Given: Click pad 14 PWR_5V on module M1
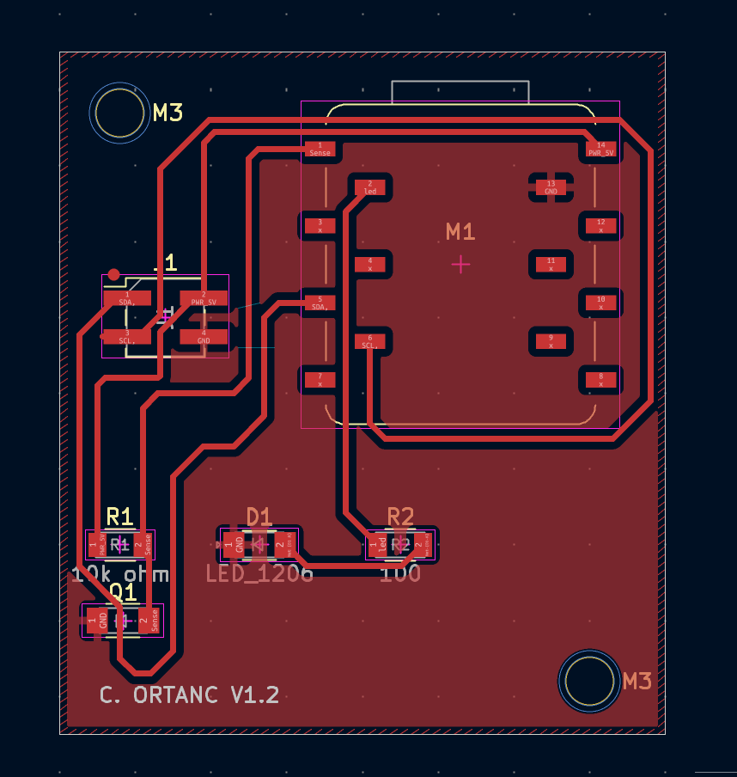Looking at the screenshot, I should (x=601, y=149).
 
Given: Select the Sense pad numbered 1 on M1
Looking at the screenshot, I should (x=320, y=149).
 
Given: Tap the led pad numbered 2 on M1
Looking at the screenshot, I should (x=370, y=187).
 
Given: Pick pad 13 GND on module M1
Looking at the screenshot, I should (x=551, y=187).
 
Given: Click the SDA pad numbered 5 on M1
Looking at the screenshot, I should (x=320, y=303).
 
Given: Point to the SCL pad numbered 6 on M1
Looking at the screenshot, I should (x=370, y=341).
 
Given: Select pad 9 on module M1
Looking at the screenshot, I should (x=551, y=341).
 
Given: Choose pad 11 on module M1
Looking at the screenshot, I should (x=551, y=264).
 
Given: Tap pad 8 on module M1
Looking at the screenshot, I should (x=601, y=379).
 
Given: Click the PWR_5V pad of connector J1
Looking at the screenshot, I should (x=204, y=299).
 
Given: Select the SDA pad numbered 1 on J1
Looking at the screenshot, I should (x=127, y=299).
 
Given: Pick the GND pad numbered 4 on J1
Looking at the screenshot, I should (x=204, y=336).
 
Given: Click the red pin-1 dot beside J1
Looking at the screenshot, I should (x=113, y=274).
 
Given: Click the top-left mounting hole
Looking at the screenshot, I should (x=119, y=113).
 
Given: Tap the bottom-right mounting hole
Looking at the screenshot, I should (x=589, y=681).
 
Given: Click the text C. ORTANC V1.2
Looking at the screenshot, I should (x=189, y=694).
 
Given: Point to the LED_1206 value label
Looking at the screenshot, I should (x=259, y=573).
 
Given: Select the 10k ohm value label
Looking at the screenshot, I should (x=119, y=573).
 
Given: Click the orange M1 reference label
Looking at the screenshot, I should (x=460, y=231).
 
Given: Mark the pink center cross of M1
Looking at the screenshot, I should (x=461, y=264).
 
